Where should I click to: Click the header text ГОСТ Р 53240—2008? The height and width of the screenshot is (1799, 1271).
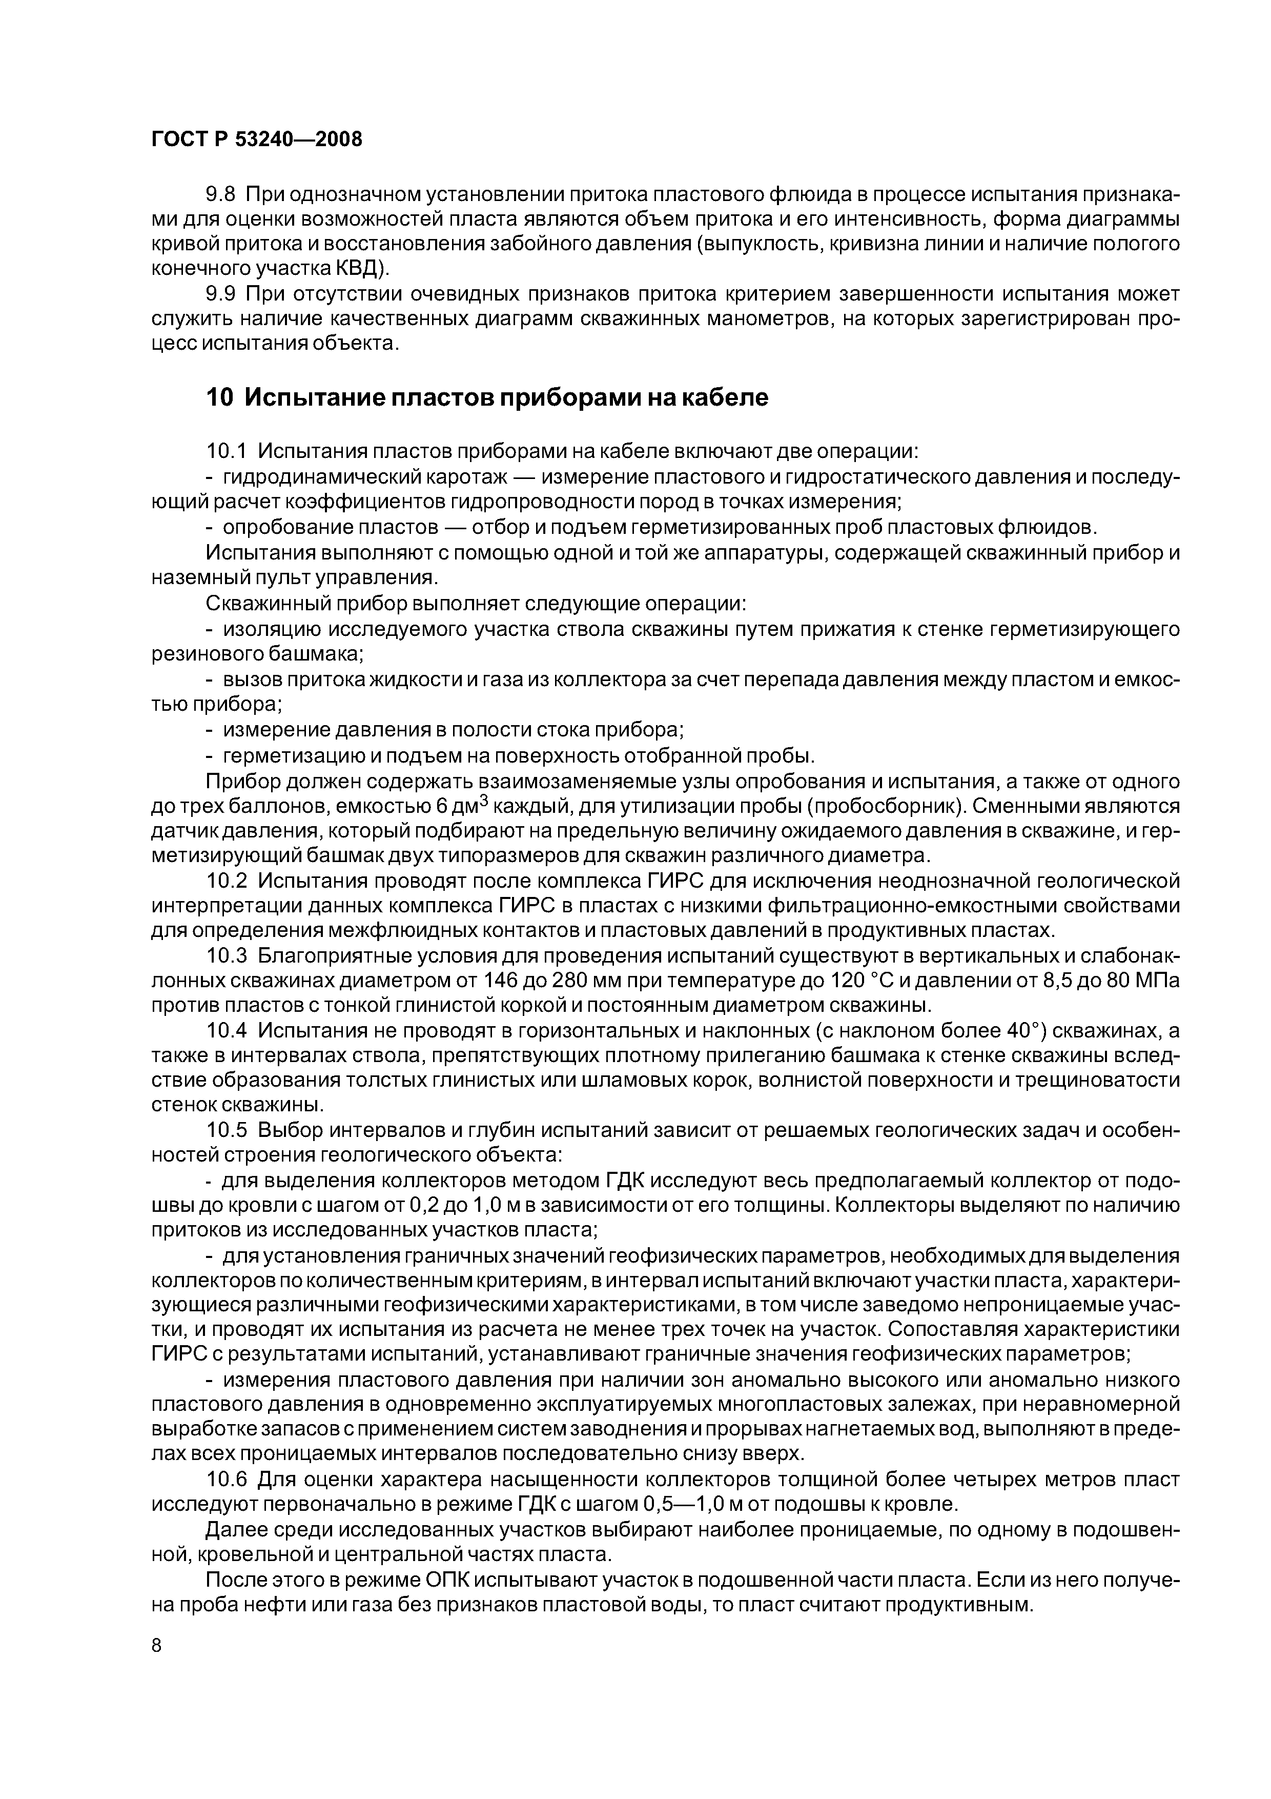tap(256, 139)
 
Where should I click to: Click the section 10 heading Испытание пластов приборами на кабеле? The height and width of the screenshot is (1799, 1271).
tap(486, 398)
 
